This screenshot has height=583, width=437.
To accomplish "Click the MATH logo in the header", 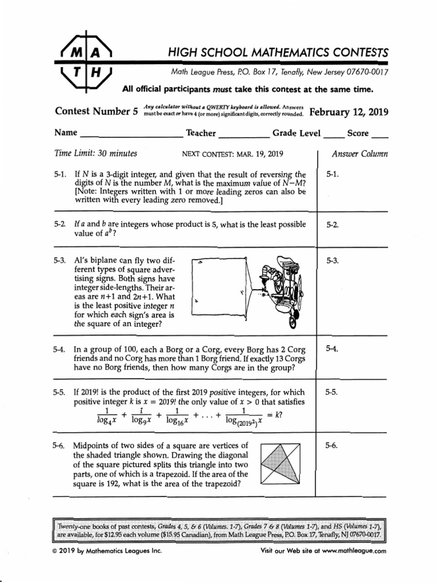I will [x=86, y=63].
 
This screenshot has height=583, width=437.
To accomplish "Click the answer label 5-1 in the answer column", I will [x=333, y=174].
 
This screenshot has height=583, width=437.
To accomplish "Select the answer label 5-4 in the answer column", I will [x=333, y=349].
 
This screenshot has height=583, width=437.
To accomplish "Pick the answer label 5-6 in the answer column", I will [x=333, y=446].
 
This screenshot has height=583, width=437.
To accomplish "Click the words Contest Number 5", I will [x=96, y=112].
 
